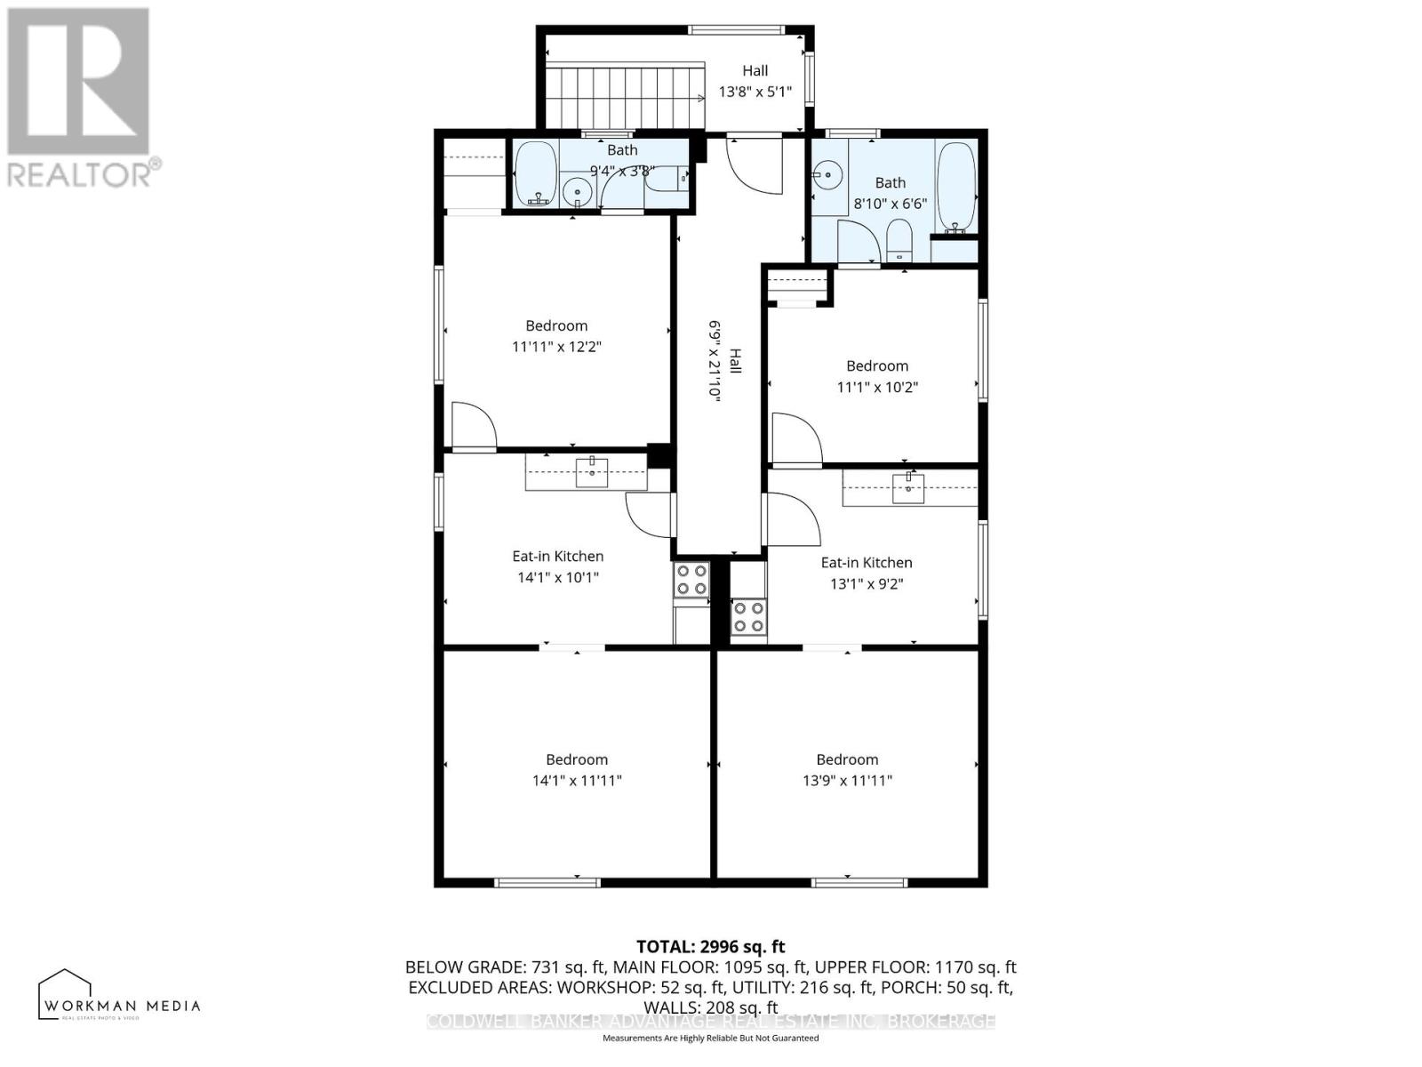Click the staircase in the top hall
click(622, 96)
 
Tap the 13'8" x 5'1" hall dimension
click(755, 91)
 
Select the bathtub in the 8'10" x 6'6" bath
click(956, 189)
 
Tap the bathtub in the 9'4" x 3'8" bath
click(536, 173)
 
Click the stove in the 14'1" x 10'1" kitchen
click(691, 581)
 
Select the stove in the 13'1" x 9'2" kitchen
click(748, 616)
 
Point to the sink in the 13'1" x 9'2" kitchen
click(908, 488)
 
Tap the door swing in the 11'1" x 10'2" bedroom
click(794, 437)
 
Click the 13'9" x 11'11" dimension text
click(847, 781)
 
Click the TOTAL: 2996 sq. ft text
click(710, 947)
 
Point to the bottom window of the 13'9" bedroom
click(859, 882)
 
